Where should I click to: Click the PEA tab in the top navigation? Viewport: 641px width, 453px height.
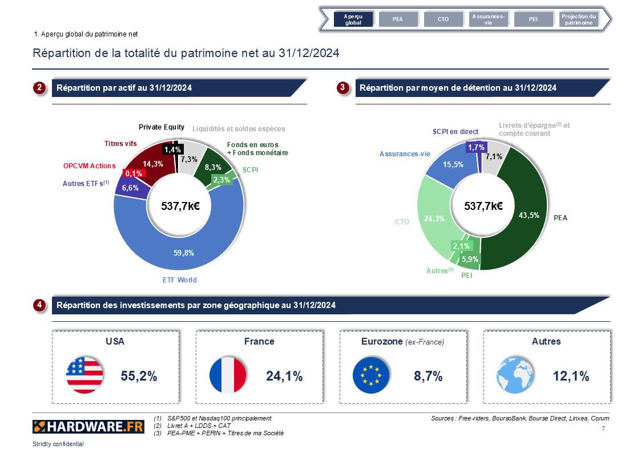pyautogui.click(x=398, y=19)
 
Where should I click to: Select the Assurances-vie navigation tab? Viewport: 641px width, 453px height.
pyautogui.click(x=488, y=19)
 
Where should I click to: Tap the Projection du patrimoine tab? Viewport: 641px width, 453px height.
pyautogui.click(x=578, y=19)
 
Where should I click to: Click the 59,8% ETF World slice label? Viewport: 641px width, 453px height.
pyautogui.click(x=184, y=252)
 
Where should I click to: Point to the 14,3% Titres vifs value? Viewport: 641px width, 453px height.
pyautogui.click(x=153, y=164)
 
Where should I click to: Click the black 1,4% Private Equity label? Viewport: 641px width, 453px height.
pyautogui.click(x=172, y=149)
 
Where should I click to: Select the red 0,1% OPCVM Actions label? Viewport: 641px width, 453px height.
pyautogui.click(x=134, y=173)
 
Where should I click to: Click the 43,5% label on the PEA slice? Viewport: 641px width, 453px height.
pyautogui.click(x=528, y=215)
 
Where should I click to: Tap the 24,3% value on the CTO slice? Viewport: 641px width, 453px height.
pyautogui.click(x=435, y=218)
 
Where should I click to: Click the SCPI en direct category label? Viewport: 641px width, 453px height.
pyautogui.click(x=455, y=132)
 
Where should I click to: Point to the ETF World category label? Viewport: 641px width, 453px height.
pyautogui.click(x=179, y=280)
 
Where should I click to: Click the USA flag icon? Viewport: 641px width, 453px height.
pyautogui.click(x=84, y=375)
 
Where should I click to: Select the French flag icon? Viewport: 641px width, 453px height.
pyautogui.click(x=228, y=375)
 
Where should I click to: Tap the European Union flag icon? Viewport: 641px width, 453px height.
pyautogui.click(x=371, y=375)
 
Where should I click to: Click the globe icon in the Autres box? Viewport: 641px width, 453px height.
pyautogui.click(x=515, y=375)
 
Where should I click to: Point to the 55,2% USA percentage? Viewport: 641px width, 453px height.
pyautogui.click(x=139, y=376)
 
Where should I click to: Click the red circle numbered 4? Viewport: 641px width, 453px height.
pyautogui.click(x=39, y=305)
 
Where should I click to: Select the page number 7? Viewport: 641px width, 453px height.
pyautogui.click(x=603, y=428)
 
